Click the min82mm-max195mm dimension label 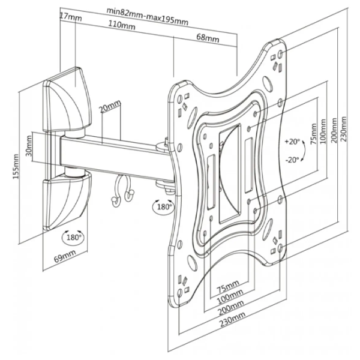148,17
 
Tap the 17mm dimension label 70,17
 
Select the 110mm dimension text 121,25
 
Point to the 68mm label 208,38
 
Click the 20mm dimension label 110,106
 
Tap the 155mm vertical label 16,167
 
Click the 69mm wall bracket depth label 65,256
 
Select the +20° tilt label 292,142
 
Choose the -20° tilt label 292,160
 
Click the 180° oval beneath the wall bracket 73,237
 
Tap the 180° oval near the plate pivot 163,206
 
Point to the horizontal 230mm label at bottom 232,319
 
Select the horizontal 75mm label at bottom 228,286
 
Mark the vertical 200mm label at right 334,130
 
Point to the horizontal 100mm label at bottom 230,296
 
